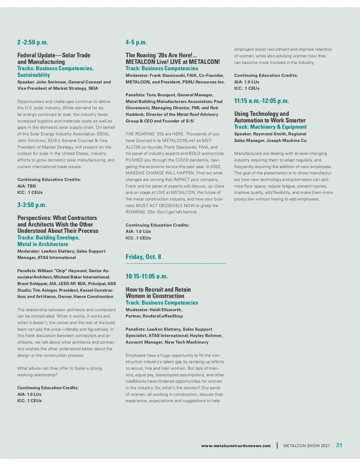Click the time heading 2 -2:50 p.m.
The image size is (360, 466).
click(33, 42)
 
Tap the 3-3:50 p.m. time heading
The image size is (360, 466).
click(32, 205)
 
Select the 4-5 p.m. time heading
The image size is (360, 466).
click(136, 42)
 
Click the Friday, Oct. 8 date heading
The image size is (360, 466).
click(143, 257)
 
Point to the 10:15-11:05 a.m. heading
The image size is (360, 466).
click(147, 276)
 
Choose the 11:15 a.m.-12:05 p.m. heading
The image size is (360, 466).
click(262, 101)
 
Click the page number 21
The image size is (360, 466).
click(339, 445)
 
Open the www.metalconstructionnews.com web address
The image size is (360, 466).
click(236, 446)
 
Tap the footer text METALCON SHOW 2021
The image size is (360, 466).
click(307, 446)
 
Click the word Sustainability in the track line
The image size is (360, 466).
click(34, 75)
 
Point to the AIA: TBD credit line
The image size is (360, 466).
click(27, 186)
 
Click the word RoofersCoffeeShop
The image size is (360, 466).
click(163, 316)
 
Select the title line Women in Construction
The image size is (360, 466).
click(155, 296)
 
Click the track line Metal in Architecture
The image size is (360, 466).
click(43, 244)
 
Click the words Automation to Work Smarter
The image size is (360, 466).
click(270, 120)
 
